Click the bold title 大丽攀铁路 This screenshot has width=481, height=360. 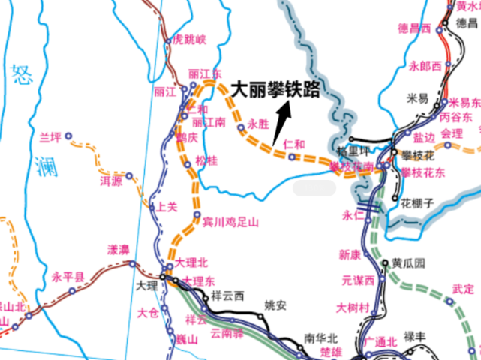click(x=275, y=90)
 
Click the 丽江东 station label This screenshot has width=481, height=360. click(x=206, y=74)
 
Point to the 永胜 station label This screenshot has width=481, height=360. click(x=257, y=124)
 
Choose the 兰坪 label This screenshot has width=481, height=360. click(x=50, y=136)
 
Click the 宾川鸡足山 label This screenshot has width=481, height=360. click(x=230, y=222)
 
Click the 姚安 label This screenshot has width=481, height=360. click(x=275, y=305)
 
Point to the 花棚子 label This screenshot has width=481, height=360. click(x=417, y=203)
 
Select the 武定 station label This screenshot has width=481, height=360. click(x=463, y=289)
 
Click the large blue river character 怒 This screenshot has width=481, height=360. click(x=21, y=75)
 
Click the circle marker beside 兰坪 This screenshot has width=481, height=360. click(x=68, y=136)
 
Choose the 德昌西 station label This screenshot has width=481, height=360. click(x=414, y=28)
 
